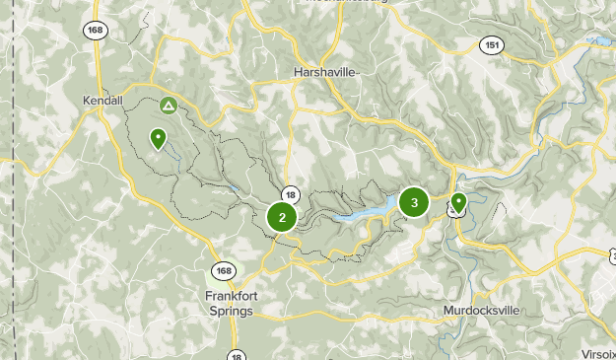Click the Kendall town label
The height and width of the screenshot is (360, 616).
103,101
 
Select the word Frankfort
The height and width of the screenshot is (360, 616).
231,295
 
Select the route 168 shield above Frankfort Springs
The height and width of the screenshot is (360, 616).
224,271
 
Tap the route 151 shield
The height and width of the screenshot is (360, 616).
492,44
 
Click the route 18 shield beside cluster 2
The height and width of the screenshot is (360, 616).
290,195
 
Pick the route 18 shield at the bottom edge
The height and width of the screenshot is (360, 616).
236,355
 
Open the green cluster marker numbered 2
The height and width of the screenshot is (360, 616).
282,218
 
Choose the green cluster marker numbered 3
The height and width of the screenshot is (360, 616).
413,203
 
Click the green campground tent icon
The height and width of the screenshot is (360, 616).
169,105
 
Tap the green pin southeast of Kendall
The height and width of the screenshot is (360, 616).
158,139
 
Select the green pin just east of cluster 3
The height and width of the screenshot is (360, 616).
457,203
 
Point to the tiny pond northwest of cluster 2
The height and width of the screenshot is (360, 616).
233,186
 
